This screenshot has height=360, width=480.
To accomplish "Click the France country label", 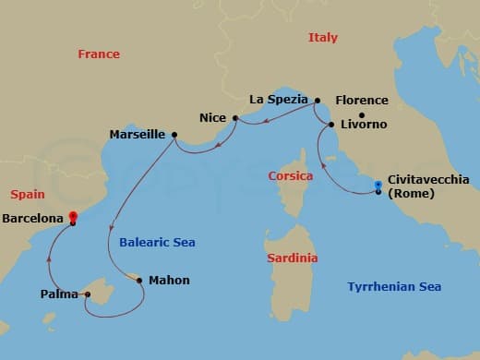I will [99, 54].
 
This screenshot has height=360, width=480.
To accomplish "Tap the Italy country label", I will [322, 38].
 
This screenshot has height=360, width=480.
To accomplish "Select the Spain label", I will [27, 195].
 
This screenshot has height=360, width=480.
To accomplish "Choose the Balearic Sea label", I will [157, 243].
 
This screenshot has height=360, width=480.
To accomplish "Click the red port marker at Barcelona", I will [72, 219].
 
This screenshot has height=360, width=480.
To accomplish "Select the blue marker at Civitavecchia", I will [378, 186].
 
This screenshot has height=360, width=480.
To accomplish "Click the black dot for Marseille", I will [174, 134].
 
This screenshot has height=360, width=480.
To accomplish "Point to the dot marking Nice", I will [235, 118].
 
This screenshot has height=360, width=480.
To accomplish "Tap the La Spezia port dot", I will [317, 101].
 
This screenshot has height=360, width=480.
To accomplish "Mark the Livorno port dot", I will [330, 124].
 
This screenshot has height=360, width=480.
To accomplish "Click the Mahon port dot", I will [139, 280].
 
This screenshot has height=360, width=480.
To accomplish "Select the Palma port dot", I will [88, 295].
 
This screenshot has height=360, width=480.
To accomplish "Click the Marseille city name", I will [137, 134].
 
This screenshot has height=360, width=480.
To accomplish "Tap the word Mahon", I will [169, 280].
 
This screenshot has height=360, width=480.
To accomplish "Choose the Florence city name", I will [361, 100].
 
